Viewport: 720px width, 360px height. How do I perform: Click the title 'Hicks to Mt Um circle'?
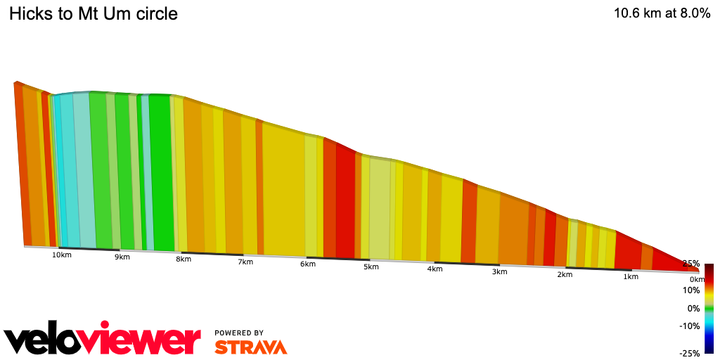(94, 13)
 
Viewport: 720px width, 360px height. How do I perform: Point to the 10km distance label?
(61, 255)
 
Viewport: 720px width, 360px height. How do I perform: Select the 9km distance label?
(122, 257)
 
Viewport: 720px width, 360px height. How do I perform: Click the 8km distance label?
(184, 259)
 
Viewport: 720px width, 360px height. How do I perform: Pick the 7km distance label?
(245, 262)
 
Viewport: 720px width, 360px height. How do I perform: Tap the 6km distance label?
(307, 264)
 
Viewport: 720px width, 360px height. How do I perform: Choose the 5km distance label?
(371, 267)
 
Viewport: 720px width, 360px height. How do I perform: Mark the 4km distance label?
(435, 269)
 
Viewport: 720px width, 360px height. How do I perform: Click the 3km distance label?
(500, 272)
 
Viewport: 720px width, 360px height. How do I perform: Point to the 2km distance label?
(565, 274)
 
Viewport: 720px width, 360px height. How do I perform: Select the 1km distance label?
(631, 277)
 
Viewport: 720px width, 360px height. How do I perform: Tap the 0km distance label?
(697, 280)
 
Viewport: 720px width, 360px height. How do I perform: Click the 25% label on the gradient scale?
(690, 264)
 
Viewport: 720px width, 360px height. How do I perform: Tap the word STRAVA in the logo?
(250, 347)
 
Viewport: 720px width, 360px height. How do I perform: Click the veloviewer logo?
(103, 340)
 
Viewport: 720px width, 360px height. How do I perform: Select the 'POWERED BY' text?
(239, 333)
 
